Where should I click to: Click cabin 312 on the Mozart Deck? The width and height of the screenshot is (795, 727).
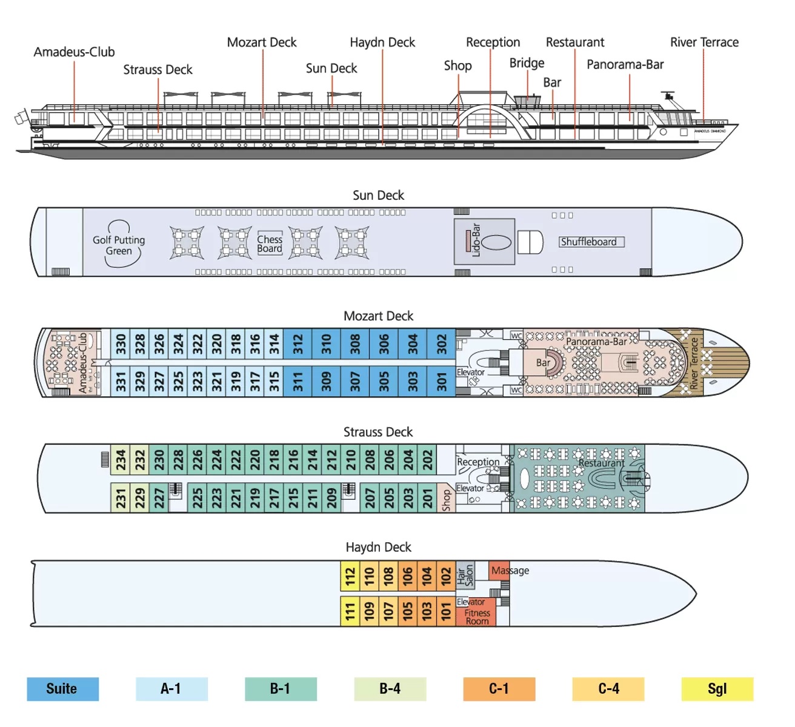pos(298,345)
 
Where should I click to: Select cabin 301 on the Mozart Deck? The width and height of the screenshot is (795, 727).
pos(442,381)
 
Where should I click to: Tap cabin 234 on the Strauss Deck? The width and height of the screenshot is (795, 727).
pos(121,460)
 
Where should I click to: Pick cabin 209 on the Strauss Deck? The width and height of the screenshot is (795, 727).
pos(331,498)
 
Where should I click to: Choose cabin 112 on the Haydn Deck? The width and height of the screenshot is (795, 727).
pos(350,576)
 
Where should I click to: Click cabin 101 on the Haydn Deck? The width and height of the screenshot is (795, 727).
pos(446,611)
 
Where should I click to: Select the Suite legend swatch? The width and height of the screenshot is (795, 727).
pos(62,689)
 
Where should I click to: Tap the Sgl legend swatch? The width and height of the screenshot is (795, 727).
pos(717,689)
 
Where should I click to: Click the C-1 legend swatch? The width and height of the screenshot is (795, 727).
pos(499,689)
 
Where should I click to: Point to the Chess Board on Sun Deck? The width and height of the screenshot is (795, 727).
pos(270,244)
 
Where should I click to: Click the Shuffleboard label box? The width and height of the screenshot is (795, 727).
pos(591,242)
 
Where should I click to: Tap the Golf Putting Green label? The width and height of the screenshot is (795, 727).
pos(119,245)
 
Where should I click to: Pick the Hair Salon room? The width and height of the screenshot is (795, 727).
pos(465,575)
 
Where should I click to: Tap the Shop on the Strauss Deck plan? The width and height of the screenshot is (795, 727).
pos(447,500)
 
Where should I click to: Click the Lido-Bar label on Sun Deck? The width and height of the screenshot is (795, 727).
pos(476,241)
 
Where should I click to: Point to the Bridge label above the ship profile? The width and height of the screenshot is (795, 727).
pos(527,63)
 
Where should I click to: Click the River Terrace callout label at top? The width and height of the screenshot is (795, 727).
pos(704,42)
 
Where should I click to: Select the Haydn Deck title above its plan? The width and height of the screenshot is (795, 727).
pos(378,547)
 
